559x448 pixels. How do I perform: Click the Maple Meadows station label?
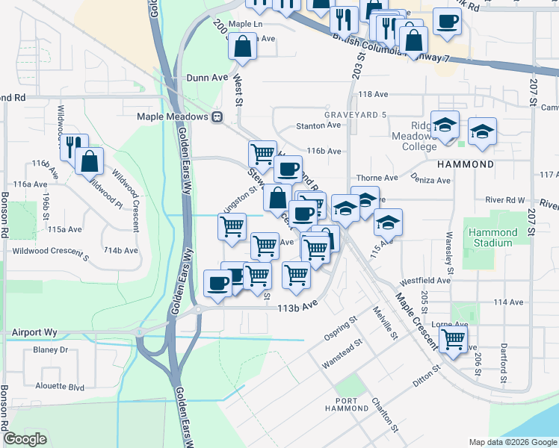[172, 116]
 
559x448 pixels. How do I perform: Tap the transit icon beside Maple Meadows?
[217, 116]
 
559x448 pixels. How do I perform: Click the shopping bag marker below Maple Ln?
[243, 47]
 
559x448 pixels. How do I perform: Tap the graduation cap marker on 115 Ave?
[388, 222]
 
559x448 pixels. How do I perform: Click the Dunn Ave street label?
[207, 77]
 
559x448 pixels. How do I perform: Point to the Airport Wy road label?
[34, 332]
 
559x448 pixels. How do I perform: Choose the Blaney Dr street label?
[50, 349]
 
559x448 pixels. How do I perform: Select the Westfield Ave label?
[424, 281]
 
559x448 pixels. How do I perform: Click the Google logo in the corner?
[25, 439]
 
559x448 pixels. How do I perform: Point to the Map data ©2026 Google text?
[512, 442]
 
